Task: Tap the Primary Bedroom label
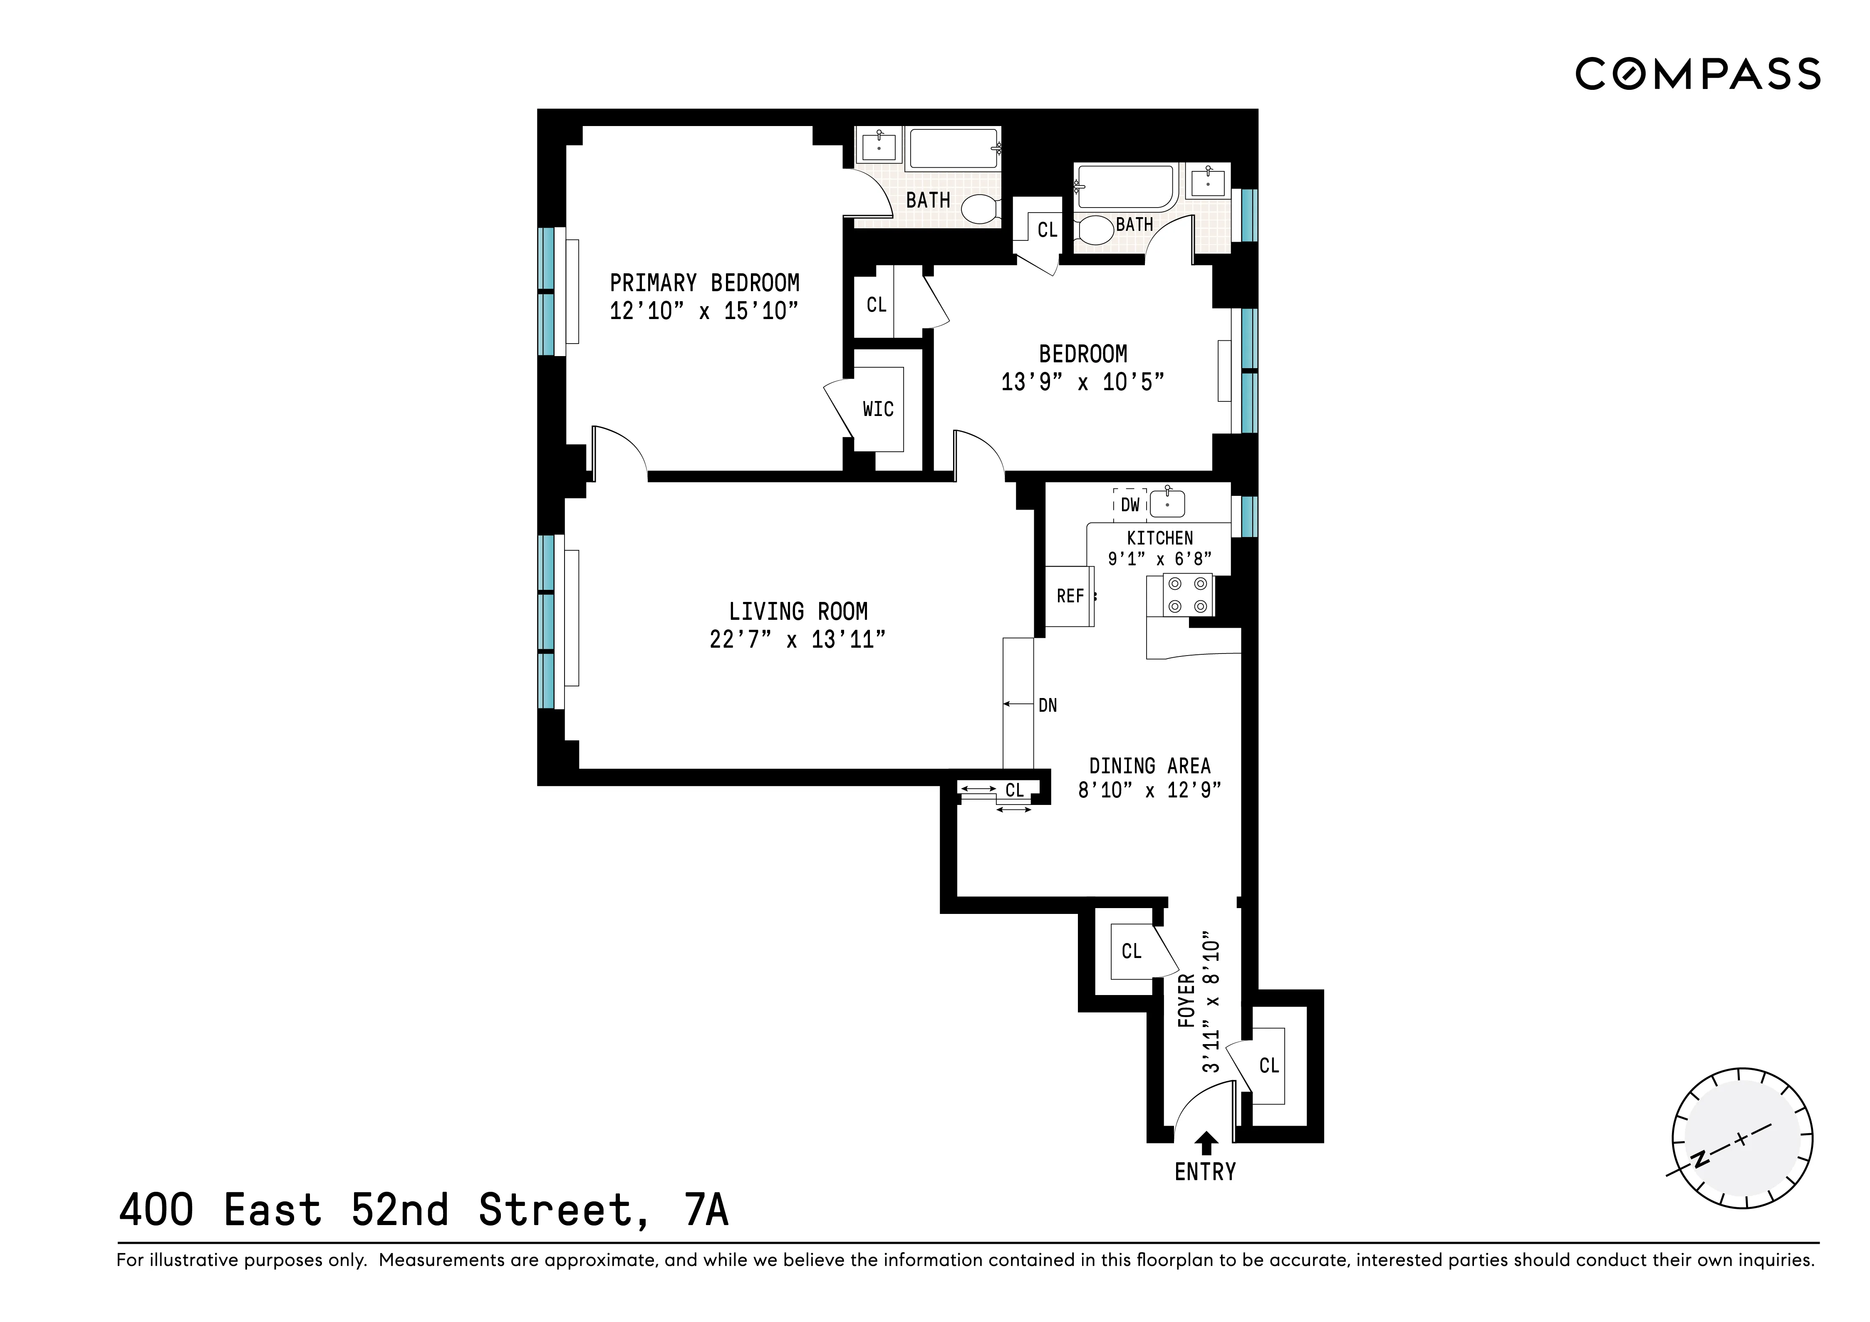(704, 282)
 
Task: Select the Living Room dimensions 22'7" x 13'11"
(798, 639)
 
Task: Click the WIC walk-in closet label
(878, 409)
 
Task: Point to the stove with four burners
(1187, 594)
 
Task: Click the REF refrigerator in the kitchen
(1070, 596)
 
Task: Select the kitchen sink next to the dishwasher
(1167, 504)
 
